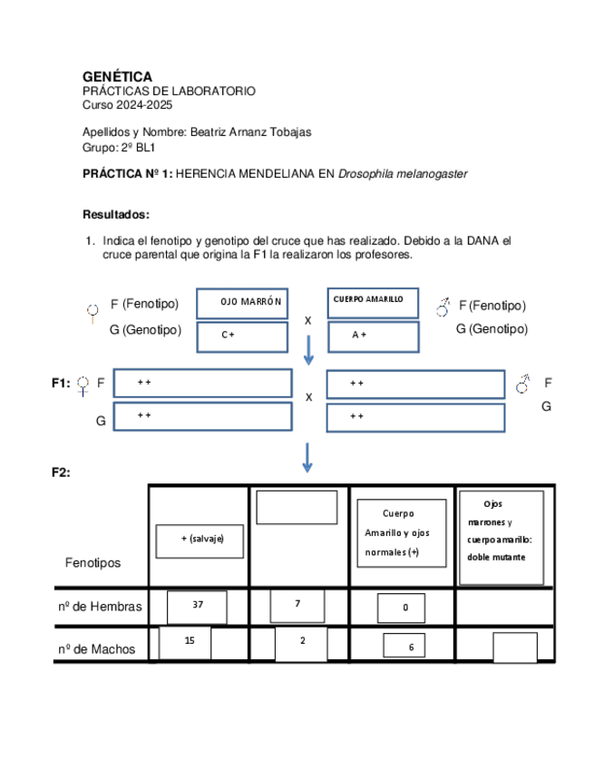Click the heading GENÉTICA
point(117,77)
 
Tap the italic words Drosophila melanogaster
point(403,173)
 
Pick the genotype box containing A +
point(374,336)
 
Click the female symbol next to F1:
point(83,386)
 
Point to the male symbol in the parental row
point(443,307)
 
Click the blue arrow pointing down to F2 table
point(307,457)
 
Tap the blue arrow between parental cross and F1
point(308,349)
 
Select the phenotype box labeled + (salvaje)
point(200,540)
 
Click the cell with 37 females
point(197,606)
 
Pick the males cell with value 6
point(410,646)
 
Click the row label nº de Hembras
point(99,607)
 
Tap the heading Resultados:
point(115,215)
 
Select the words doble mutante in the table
point(496,557)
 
